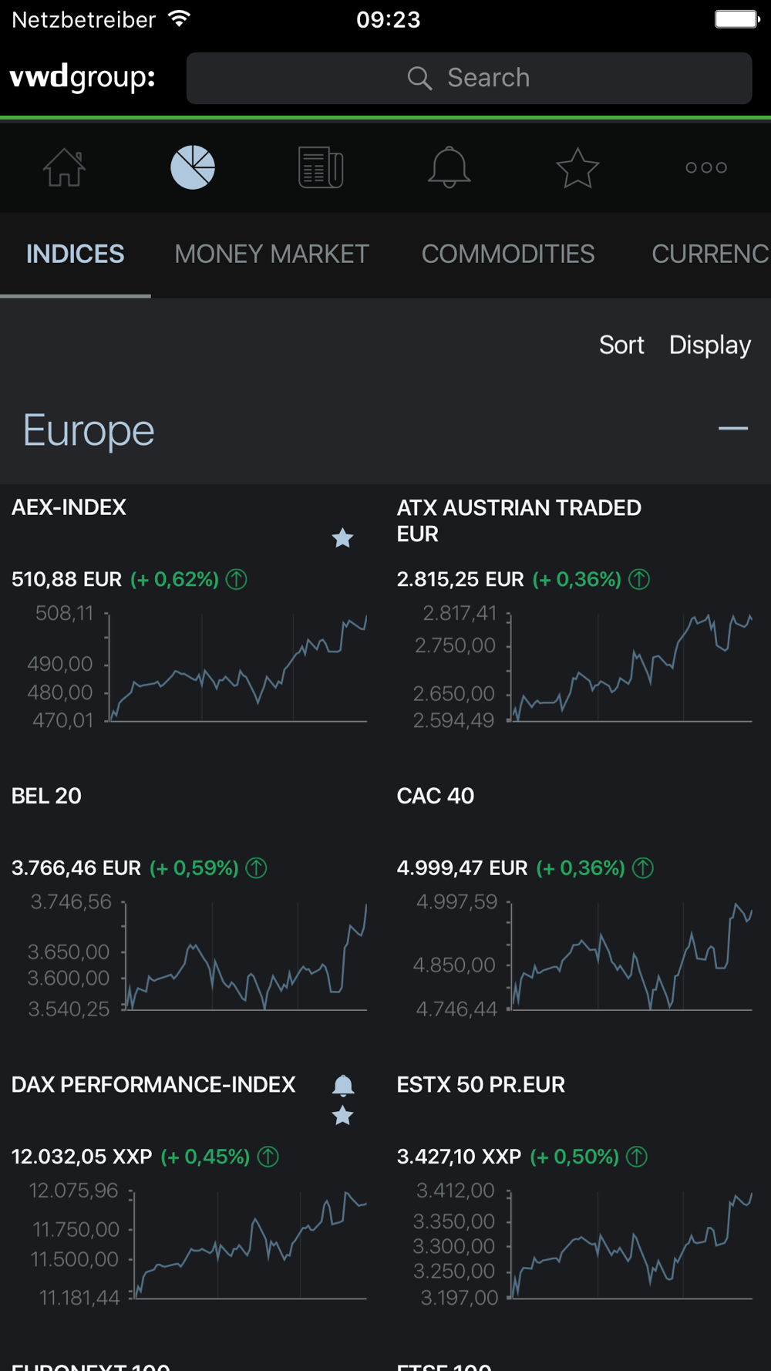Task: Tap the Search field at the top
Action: [469, 78]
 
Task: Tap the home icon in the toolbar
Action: [64, 167]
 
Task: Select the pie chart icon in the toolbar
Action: [193, 167]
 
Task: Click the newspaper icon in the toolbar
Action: [321, 167]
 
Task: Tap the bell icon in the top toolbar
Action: [449, 167]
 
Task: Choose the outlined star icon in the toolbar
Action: [577, 167]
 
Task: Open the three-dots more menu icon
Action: [706, 167]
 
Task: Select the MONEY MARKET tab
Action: [271, 254]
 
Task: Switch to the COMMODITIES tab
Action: [507, 254]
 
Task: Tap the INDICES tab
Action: [75, 254]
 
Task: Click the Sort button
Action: [621, 345]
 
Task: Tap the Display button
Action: [709, 345]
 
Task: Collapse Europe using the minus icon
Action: [732, 429]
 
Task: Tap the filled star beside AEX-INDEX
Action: [342, 537]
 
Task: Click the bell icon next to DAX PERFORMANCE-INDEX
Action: [342, 1086]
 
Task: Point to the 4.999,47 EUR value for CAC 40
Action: [462, 868]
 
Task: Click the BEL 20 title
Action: [46, 796]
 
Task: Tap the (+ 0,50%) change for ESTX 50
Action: [574, 1157]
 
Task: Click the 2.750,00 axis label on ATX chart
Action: [455, 645]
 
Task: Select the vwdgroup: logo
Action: [82, 78]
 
